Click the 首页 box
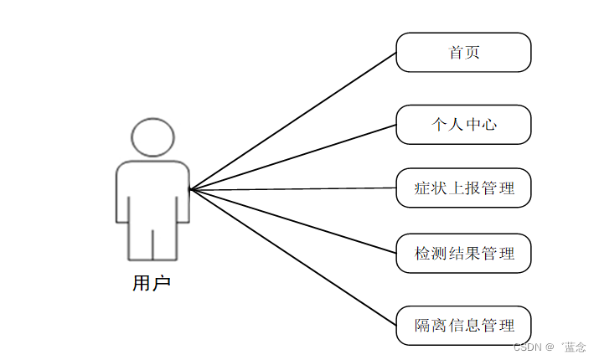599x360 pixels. (463, 52)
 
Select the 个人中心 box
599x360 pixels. (463, 125)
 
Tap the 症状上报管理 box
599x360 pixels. (463, 188)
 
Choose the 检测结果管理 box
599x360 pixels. (463, 253)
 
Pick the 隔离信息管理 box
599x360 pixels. (463, 325)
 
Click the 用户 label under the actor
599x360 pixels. (152, 283)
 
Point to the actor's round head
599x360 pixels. (153, 137)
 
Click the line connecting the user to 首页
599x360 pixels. (293, 121)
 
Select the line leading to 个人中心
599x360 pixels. (293, 157)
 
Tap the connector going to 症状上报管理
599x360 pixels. (293, 188)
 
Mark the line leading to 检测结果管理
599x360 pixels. (293, 221)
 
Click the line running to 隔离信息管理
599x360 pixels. (293, 257)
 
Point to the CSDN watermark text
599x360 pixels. (549, 347)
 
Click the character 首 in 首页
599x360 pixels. (456, 52)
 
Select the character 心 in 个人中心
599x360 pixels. (488, 125)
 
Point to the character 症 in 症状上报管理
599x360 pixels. (423, 188)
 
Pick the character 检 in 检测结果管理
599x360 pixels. (423, 253)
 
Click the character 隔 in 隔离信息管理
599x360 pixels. (423, 325)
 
